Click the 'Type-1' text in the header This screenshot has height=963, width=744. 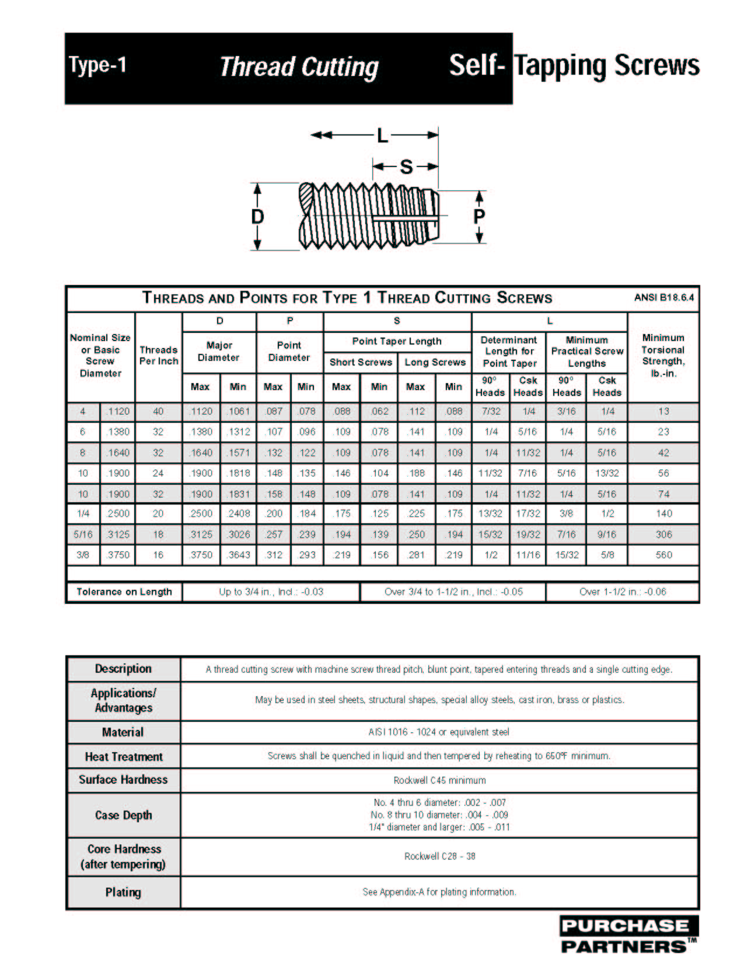[97, 65]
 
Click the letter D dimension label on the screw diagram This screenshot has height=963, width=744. [257, 217]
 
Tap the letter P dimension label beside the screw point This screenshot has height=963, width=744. [479, 217]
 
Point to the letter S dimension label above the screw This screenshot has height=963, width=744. [406, 168]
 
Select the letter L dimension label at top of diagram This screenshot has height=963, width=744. [382, 136]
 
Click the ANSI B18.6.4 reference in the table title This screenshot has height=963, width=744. [664, 298]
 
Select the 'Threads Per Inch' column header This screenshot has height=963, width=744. [159, 355]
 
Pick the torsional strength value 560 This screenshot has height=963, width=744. [664, 555]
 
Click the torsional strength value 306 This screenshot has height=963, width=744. [664, 534]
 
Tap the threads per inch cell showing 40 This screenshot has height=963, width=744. [158, 411]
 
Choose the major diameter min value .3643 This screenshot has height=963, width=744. [239, 555]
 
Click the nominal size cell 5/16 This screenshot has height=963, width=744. [83, 534]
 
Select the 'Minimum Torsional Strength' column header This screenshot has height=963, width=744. [663, 355]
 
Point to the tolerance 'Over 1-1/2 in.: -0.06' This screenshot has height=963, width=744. [622, 592]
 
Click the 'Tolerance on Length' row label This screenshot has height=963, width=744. [124, 592]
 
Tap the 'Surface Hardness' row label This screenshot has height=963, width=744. [123, 780]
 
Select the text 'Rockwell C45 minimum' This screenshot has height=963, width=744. [439, 780]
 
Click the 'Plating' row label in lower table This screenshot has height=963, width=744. [123, 892]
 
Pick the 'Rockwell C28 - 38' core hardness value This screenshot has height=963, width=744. [439, 856]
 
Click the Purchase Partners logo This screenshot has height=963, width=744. [628, 934]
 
